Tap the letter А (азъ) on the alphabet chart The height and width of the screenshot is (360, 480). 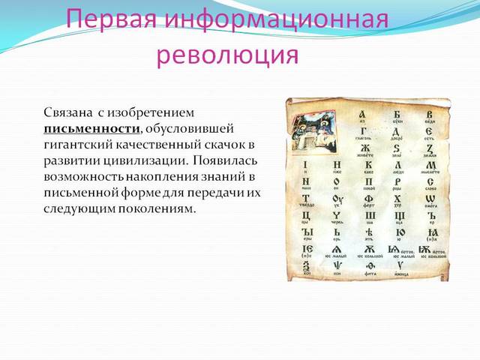coord(362,114)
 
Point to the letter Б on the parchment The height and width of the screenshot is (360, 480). coord(397,114)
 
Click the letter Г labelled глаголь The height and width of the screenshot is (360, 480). coord(362,131)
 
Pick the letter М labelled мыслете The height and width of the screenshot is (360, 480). coord(430,165)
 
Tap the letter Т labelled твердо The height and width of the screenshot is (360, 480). coord(306,199)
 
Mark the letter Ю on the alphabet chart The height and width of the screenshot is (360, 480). coord(398,233)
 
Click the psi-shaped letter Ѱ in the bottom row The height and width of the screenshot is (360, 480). coord(337,267)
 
